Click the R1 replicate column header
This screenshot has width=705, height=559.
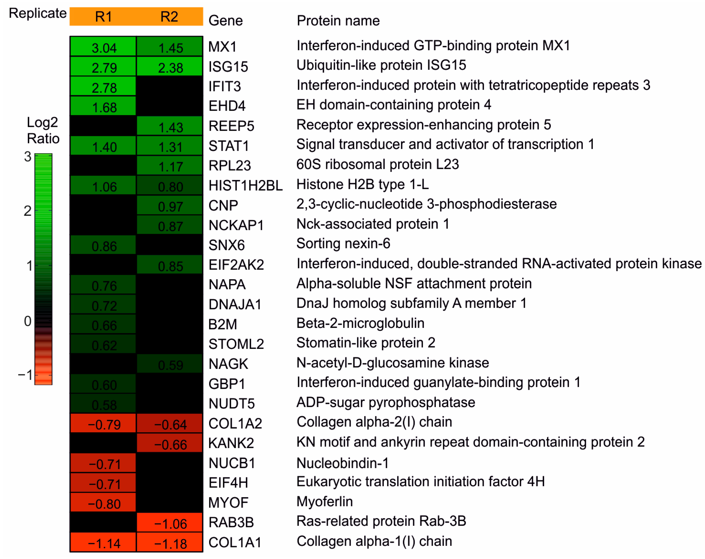pyautogui.click(x=103, y=17)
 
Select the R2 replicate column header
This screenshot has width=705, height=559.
pyautogui.click(x=169, y=17)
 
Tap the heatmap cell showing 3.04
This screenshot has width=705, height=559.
pyautogui.click(x=103, y=47)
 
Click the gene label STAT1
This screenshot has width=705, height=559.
pyautogui.click(x=229, y=146)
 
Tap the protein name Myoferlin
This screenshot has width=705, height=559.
pyautogui.click(x=325, y=502)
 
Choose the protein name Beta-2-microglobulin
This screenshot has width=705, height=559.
pyautogui.click(x=360, y=323)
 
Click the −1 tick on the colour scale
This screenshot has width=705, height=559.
pyautogui.click(x=25, y=375)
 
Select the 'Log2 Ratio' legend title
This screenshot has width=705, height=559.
pyautogui.click(x=43, y=130)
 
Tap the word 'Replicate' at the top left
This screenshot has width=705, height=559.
pyautogui.click(x=38, y=13)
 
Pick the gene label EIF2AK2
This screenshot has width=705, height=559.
pyautogui.click(x=236, y=265)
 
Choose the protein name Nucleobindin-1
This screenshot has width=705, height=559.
pyautogui.click(x=343, y=463)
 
